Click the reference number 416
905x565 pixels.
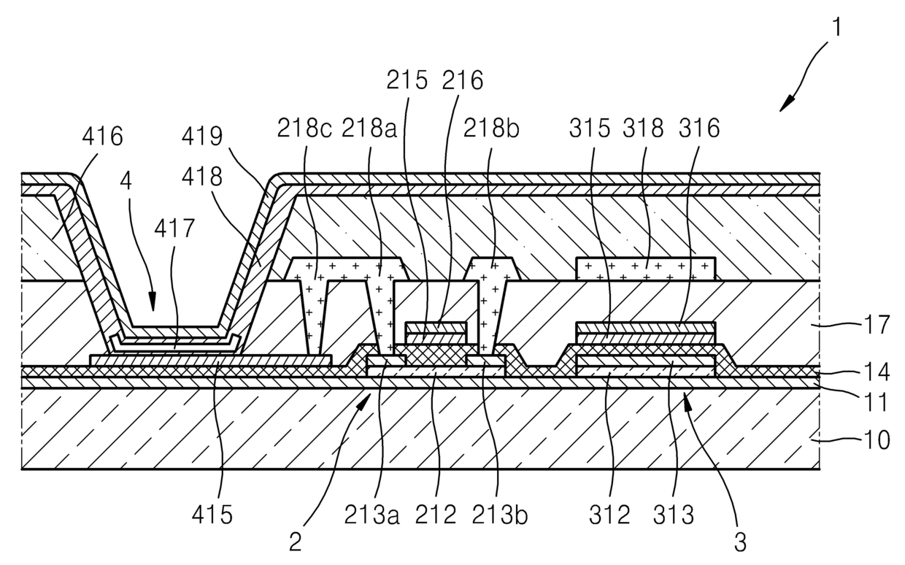click(102, 136)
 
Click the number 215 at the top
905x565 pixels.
click(407, 80)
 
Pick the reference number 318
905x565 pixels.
click(644, 128)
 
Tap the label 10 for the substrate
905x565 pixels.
click(878, 439)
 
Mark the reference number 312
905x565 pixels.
click(610, 515)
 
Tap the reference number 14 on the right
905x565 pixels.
click(878, 372)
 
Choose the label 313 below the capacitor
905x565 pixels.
click(672, 515)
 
